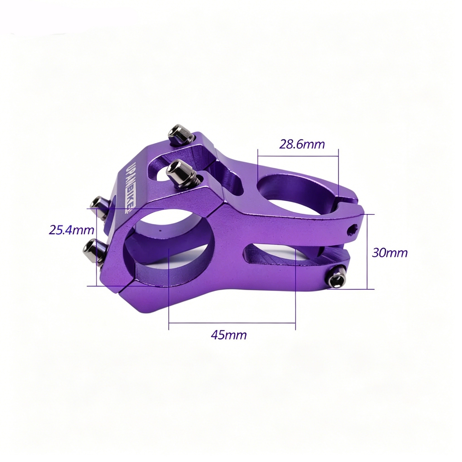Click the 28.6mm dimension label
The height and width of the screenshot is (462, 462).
click(302, 144)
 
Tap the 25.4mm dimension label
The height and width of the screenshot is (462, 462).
click(71, 230)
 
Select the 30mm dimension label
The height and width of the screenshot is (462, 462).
click(390, 253)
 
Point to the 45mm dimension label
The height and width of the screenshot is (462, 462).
click(229, 335)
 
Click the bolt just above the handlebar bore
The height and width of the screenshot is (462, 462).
click(181, 173)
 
